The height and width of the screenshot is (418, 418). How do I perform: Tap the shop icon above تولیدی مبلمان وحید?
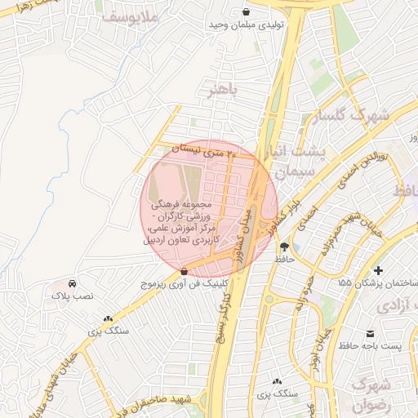point(247,11)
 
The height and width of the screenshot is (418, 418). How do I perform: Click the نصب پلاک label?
point(73,296)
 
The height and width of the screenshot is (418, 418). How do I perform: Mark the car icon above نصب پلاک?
point(73,282)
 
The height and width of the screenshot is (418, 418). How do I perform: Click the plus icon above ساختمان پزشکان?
point(377,269)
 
